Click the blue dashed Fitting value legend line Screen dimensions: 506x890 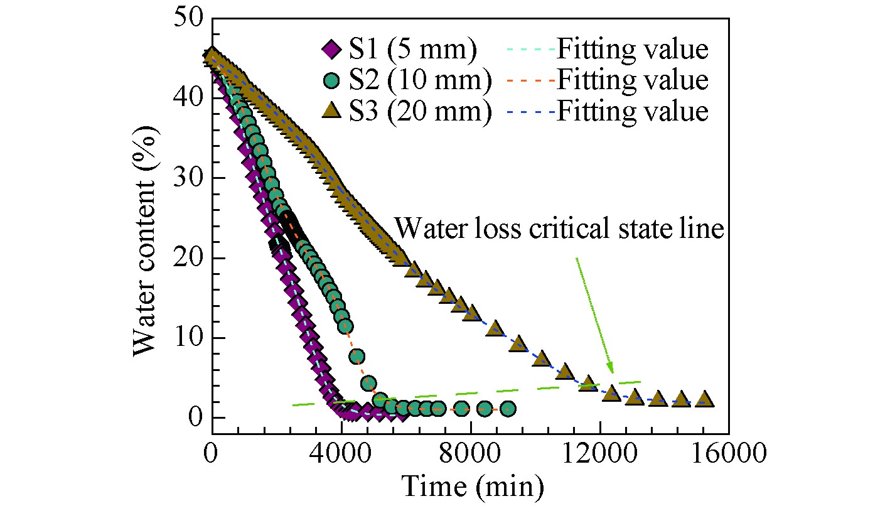(x=529, y=112)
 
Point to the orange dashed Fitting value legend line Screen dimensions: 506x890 (x=529, y=80)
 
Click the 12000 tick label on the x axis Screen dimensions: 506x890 (x=599, y=453)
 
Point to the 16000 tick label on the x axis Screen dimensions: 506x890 (x=729, y=453)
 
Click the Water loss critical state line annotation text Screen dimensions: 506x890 (x=560, y=229)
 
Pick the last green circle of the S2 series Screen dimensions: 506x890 (x=508, y=409)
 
